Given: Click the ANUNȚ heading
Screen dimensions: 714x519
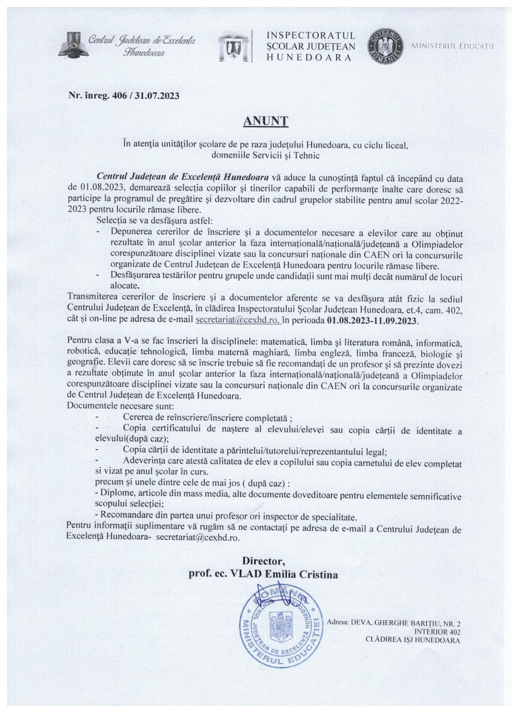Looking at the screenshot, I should coord(259,121).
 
